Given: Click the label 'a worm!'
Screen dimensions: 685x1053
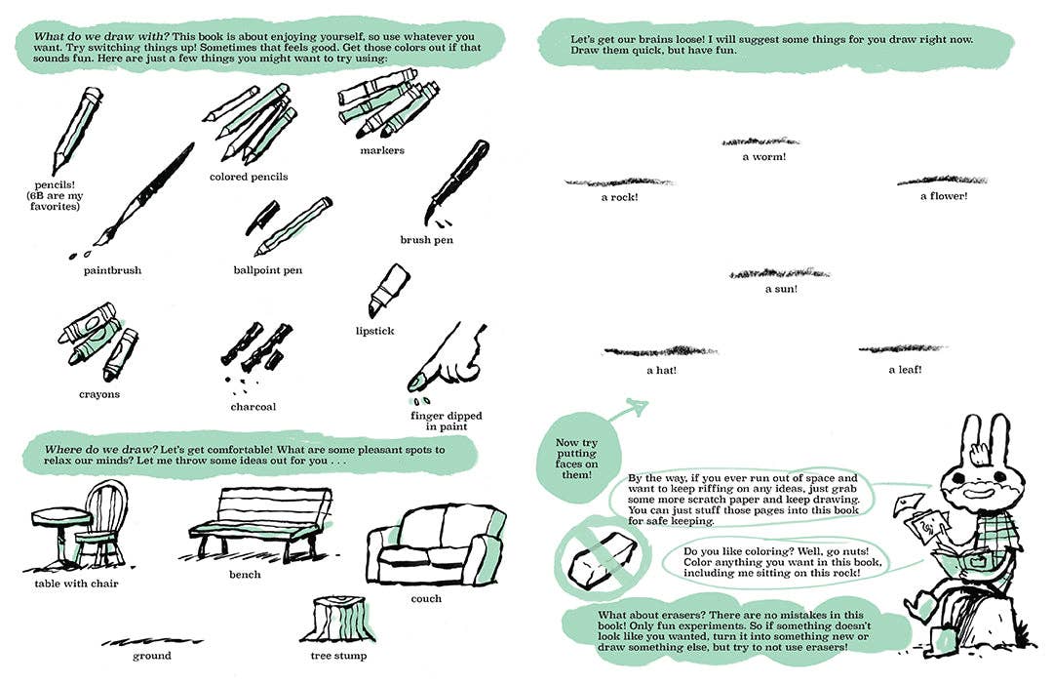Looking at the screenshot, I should pos(763,156).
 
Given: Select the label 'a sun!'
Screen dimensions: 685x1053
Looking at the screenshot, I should pos(781,289).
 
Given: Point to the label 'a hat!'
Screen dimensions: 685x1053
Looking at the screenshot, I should pos(661,371).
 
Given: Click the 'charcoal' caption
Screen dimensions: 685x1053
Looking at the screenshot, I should pos(253,407).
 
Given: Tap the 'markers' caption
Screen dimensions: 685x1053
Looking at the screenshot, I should pos(381,150).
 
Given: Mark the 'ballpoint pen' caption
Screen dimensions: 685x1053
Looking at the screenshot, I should pos(268,270).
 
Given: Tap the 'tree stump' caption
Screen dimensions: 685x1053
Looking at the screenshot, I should pos(339,656).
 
